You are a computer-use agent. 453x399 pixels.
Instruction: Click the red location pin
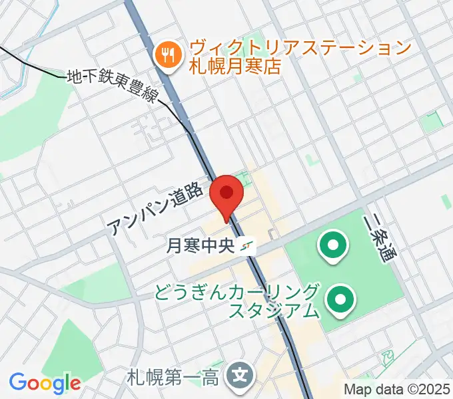click(226, 194)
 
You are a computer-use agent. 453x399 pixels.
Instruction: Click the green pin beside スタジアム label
click(340, 301)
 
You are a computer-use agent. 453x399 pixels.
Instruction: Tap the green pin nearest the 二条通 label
click(331, 247)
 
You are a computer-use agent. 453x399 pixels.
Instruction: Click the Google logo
click(45, 383)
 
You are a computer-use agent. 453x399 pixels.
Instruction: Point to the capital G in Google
click(18, 382)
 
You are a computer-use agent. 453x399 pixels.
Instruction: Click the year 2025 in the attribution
click(432, 388)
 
